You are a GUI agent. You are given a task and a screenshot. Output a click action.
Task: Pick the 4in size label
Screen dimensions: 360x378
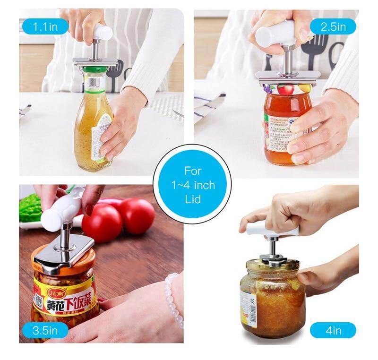[x=333, y=330]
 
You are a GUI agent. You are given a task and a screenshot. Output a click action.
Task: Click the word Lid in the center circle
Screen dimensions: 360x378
[x=192, y=199]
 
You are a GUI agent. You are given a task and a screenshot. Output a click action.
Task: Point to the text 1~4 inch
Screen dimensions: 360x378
[x=192, y=185]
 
